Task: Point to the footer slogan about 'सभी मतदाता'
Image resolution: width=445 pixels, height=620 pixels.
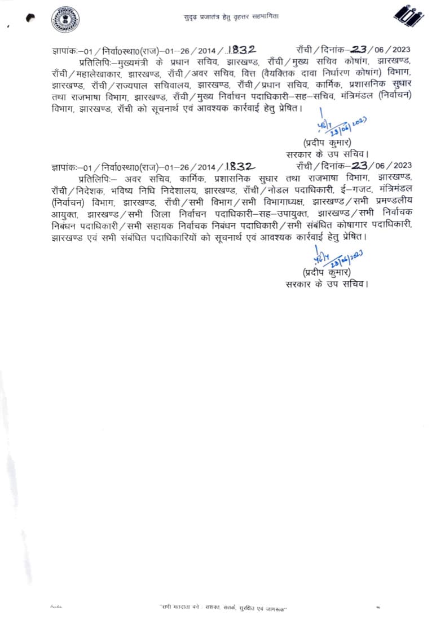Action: [x=223, y=608]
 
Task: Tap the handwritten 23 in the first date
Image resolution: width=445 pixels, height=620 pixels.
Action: [x=359, y=50]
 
